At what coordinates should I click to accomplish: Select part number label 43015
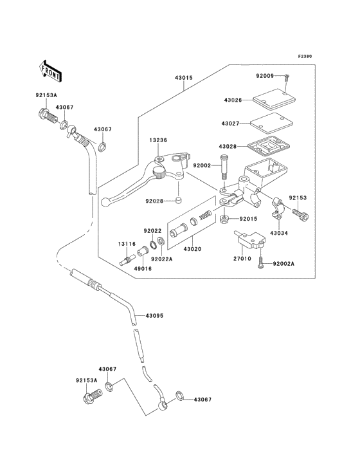click(x=184, y=78)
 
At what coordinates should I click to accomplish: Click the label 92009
click(x=265, y=76)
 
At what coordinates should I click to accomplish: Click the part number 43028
click(x=228, y=147)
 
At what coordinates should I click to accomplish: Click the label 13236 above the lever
click(x=158, y=140)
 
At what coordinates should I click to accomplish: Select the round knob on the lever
click(x=159, y=173)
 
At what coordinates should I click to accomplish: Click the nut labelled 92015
click(x=224, y=219)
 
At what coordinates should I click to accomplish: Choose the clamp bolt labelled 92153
click(x=300, y=214)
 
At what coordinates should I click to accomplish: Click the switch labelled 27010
click(x=251, y=241)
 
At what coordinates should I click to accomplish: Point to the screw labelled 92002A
click(x=260, y=263)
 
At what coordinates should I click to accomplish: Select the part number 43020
click(x=192, y=249)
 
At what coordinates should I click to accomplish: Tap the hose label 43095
click(x=154, y=316)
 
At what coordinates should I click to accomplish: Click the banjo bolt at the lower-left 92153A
click(x=93, y=396)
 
